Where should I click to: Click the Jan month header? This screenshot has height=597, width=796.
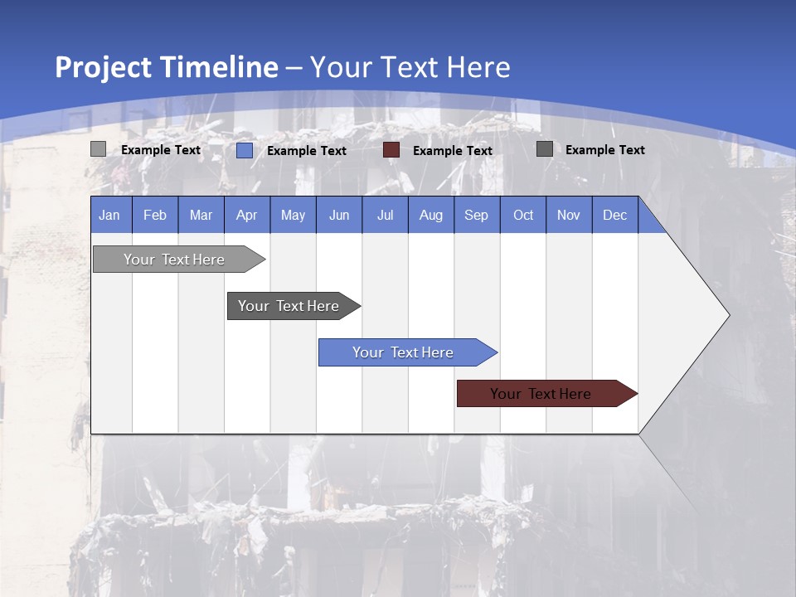tap(109, 215)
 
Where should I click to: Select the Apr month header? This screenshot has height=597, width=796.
tap(247, 215)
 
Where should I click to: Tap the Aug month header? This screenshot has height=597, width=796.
tap(431, 215)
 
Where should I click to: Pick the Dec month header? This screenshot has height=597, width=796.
tap(614, 215)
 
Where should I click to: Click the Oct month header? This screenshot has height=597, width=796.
tap(523, 215)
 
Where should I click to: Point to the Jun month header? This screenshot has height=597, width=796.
tap(339, 215)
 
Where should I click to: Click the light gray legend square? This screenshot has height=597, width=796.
tap(98, 149)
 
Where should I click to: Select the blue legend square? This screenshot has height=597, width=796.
tap(245, 150)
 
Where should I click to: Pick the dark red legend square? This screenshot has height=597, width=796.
tap(391, 150)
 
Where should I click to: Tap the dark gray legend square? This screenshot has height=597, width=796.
tap(545, 149)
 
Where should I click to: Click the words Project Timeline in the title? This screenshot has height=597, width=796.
tap(166, 67)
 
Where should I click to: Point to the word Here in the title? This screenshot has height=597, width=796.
tap(478, 67)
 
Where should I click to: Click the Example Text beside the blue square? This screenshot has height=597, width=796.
tap(306, 151)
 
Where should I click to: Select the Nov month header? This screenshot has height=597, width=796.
tap(569, 215)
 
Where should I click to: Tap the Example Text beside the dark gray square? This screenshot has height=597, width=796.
tap(604, 150)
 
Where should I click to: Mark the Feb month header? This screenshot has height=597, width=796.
tap(155, 215)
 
